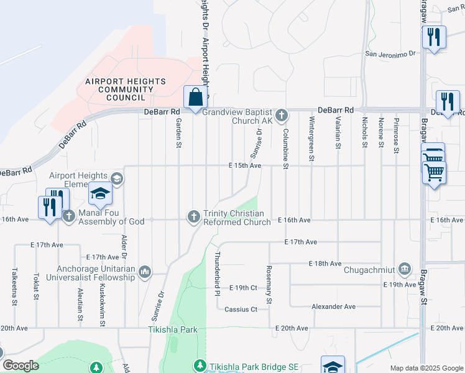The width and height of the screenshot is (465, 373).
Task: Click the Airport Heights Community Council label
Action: (126, 90)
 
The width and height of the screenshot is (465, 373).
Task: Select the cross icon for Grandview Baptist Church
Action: (282, 115)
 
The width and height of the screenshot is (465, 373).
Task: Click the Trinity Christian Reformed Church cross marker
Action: (194, 216)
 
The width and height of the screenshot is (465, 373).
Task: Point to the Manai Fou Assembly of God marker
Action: (68, 216)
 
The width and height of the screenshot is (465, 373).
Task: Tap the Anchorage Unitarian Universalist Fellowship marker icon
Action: (145, 271)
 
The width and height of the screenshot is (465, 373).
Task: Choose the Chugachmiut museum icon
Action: (405, 269)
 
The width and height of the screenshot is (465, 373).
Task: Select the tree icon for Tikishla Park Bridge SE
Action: (200, 366)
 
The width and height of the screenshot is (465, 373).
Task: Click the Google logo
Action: (21, 366)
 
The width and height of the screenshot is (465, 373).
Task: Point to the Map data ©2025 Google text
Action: (426, 368)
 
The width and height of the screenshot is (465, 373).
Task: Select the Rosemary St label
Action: (269, 285)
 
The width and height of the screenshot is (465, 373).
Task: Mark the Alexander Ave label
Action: (333, 306)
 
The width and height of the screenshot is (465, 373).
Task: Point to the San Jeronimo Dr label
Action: (390, 54)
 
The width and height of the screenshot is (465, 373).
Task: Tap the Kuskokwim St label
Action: (101, 306)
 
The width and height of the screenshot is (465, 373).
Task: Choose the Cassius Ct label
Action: (241, 309)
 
